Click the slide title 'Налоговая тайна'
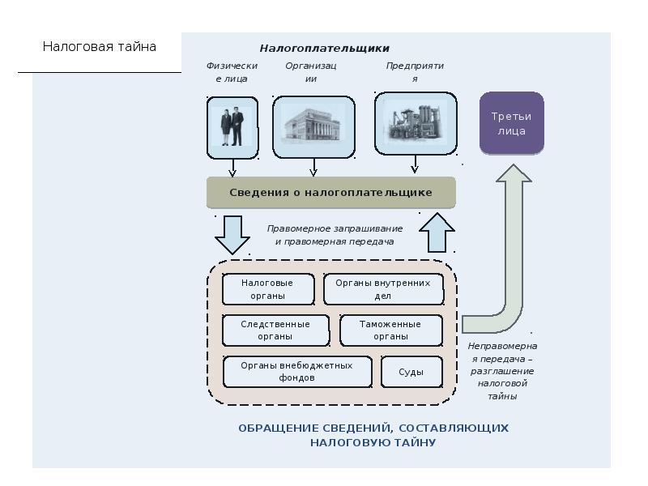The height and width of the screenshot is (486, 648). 99,46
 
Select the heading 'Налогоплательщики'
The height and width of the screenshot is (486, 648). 325,49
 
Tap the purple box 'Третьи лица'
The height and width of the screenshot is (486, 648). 512,123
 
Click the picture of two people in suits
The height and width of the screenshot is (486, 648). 232,127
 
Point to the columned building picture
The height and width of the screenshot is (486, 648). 313,127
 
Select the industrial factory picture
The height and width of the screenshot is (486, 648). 416,124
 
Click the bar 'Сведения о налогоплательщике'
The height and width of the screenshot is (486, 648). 331,193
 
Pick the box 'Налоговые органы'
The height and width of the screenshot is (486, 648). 268,289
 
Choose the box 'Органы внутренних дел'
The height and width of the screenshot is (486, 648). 383,289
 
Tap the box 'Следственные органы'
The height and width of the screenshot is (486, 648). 275,330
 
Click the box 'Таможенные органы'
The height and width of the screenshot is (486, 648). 391,330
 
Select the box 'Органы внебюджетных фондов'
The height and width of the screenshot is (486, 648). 297,372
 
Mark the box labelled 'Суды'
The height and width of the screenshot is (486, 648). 411,372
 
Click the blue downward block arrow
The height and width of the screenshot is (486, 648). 232,235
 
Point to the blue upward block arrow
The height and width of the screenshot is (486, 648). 437,232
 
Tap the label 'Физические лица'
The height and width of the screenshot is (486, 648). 232,72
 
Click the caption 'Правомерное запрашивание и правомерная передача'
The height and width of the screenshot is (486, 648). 335,235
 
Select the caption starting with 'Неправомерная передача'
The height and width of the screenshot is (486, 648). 502,371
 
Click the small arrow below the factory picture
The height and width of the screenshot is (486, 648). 415,164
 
